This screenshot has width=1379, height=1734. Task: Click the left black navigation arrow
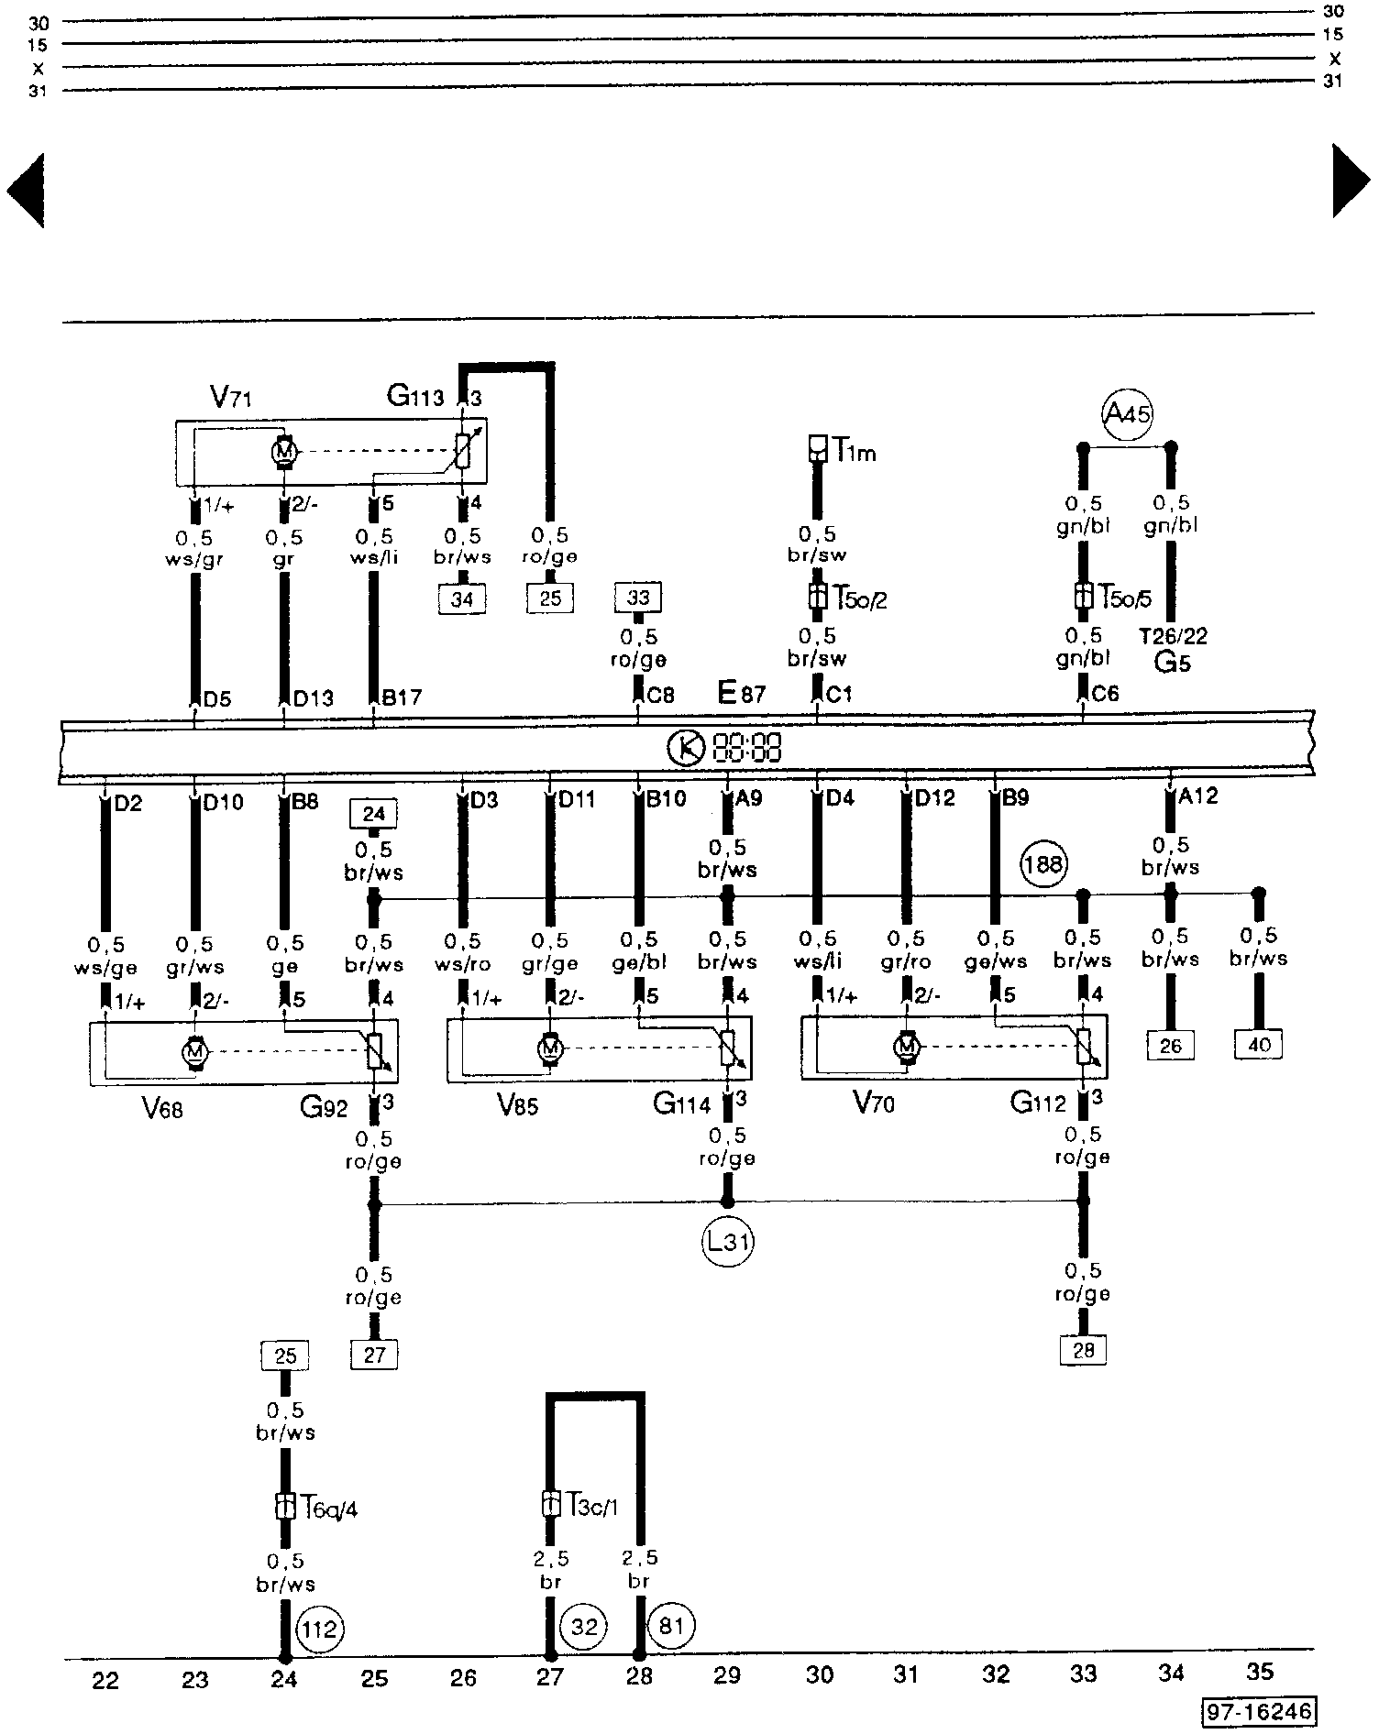click(26, 191)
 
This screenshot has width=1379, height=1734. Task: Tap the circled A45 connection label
click(1126, 414)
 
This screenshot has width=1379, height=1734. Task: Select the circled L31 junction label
click(728, 1242)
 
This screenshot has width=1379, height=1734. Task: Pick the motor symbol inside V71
click(283, 451)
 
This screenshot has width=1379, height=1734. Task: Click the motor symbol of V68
click(194, 1054)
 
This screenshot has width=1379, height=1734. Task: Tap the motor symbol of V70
click(907, 1046)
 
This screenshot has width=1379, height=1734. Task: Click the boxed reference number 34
click(462, 598)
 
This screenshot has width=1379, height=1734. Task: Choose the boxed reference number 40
click(1259, 1044)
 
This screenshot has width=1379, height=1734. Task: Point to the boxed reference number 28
click(1083, 1349)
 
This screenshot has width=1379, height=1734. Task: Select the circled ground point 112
click(320, 1629)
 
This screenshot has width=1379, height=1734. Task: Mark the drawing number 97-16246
click(1260, 1711)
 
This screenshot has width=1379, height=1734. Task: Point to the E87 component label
click(741, 694)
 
